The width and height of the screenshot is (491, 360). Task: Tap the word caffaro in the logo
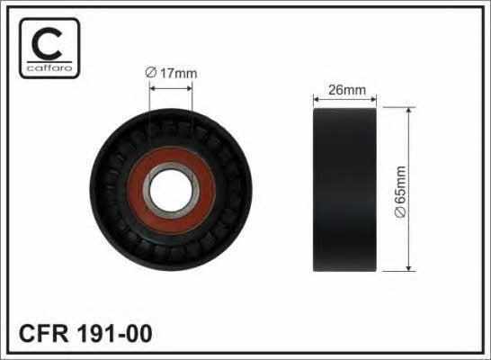tap(49, 67)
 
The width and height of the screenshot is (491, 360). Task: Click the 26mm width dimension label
tap(347, 90)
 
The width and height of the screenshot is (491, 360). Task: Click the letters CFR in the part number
tap(43, 334)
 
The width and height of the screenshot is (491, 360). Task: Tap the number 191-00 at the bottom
tap(114, 334)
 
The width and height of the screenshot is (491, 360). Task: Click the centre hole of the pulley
tap(170, 190)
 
